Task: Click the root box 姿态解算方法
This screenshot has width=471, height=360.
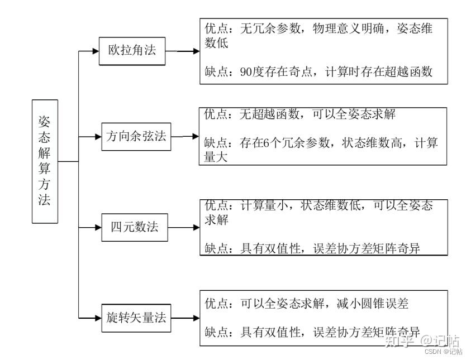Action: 45,161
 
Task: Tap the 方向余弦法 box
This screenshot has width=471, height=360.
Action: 136,136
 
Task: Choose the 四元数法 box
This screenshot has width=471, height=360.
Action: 135,227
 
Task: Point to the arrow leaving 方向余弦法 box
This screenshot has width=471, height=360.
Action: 185,136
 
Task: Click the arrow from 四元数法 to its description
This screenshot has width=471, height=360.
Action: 183,227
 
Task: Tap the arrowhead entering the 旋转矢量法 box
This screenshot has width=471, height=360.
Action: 96,318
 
